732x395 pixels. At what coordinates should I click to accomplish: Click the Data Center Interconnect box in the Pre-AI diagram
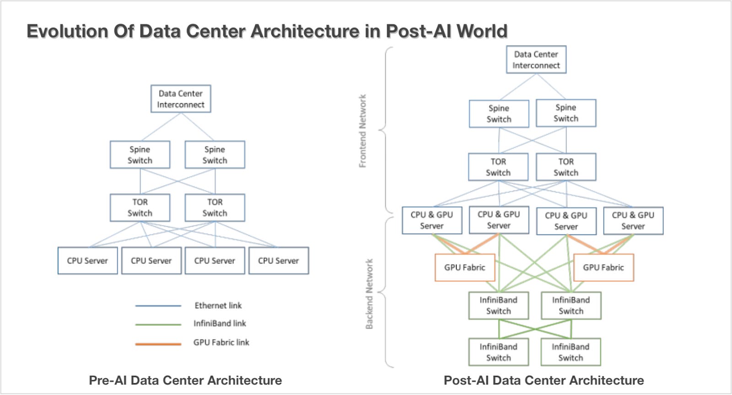click(x=181, y=99)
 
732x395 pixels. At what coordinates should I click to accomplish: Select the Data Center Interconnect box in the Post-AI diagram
click(x=536, y=59)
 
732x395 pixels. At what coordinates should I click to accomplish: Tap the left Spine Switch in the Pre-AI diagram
click(x=140, y=155)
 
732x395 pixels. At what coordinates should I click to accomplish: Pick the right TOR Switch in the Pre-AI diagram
click(x=215, y=208)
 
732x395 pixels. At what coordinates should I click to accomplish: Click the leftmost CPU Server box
click(x=87, y=261)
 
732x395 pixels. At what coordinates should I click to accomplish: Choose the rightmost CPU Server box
click(x=279, y=261)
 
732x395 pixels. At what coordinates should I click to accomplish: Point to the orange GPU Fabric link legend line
click(x=158, y=344)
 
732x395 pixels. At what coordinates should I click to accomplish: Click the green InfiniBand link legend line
click(x=158, y=324)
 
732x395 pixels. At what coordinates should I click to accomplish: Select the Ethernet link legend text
click(x=218, y=305)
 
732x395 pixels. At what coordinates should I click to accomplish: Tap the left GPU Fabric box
click(x=465, y=267)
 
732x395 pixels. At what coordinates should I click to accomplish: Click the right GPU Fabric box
click(x=603, y=267)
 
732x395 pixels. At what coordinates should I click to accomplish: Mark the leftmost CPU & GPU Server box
click(x=432, y=220)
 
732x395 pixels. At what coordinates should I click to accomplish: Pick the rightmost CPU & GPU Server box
click(x=633, y=220)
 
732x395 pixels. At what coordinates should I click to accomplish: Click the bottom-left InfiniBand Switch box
click(x=499, y=352)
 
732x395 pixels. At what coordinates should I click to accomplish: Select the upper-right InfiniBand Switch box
click(x=571, y=305)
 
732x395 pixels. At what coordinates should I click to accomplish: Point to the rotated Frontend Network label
click(x=363, y=131)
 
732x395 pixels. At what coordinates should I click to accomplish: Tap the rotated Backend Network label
click(x=369, y=294)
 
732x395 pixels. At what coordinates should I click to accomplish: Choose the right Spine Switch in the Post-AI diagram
click(x=566, y=113)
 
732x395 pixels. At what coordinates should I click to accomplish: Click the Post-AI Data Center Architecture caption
click(x=544, y=380)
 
